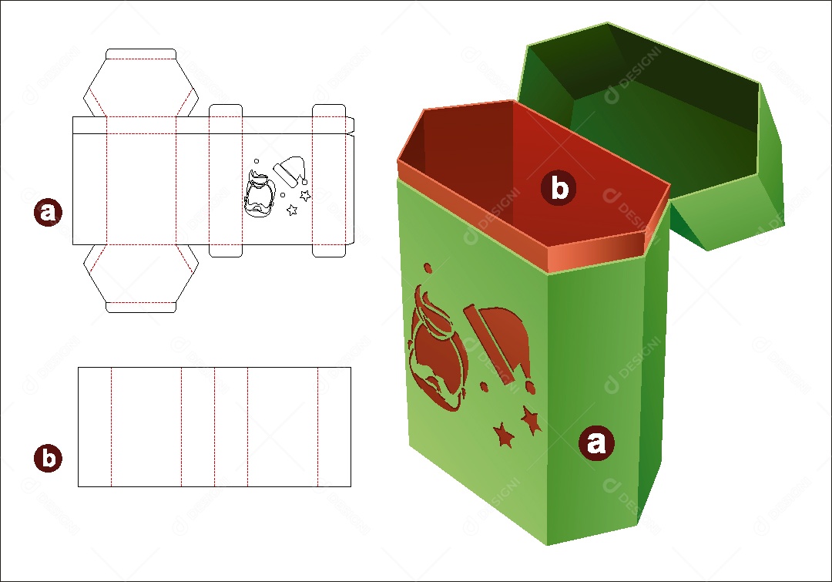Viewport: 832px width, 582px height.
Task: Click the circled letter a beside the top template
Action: coord(48,212)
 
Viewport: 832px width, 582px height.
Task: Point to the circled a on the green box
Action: coord(595,442)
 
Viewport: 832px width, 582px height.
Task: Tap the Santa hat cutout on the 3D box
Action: coord(498,340)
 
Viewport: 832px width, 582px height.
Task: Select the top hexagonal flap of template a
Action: coord(140,86)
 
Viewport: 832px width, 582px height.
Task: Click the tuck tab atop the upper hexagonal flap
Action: coord(140,54)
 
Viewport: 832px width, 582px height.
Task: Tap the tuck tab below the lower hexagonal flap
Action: coord(140,307)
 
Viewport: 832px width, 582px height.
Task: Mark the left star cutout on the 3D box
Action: coord(504,436)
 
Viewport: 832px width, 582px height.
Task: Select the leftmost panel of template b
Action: coord(95,426)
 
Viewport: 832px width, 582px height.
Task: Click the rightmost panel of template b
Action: coord(334,426)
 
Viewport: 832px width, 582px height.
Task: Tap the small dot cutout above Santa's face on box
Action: coord(427,269)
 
